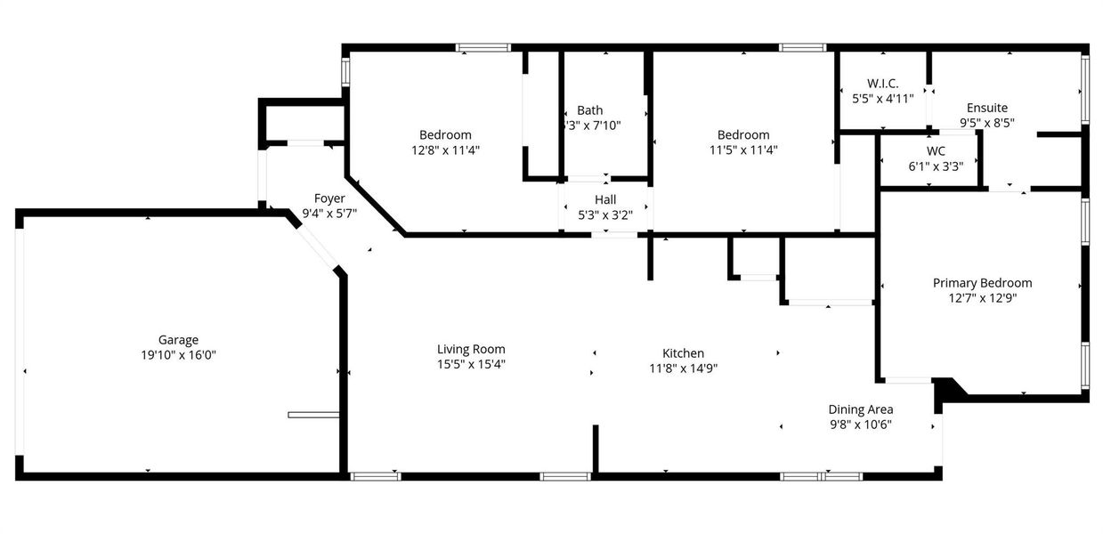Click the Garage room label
(178, 339)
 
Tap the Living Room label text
(471, 349)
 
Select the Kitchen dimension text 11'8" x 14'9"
(683, 368)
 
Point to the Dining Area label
(861, 409)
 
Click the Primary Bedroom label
(982, 283)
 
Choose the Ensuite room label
(984, 108)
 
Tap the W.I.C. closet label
(882, 84)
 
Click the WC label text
(936, 151)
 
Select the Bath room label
(589, 110)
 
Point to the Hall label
(605, 199)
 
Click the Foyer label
(329, 198)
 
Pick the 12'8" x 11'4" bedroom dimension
(445, 150)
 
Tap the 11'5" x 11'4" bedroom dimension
(743, 150)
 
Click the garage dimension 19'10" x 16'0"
(178, 354)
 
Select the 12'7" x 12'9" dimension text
(982, 298)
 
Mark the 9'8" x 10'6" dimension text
(861, 425)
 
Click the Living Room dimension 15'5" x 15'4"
(471, 364)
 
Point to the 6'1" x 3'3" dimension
(936, 166)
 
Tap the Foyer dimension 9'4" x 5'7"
(329, 214)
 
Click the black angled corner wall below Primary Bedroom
(949, 387)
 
